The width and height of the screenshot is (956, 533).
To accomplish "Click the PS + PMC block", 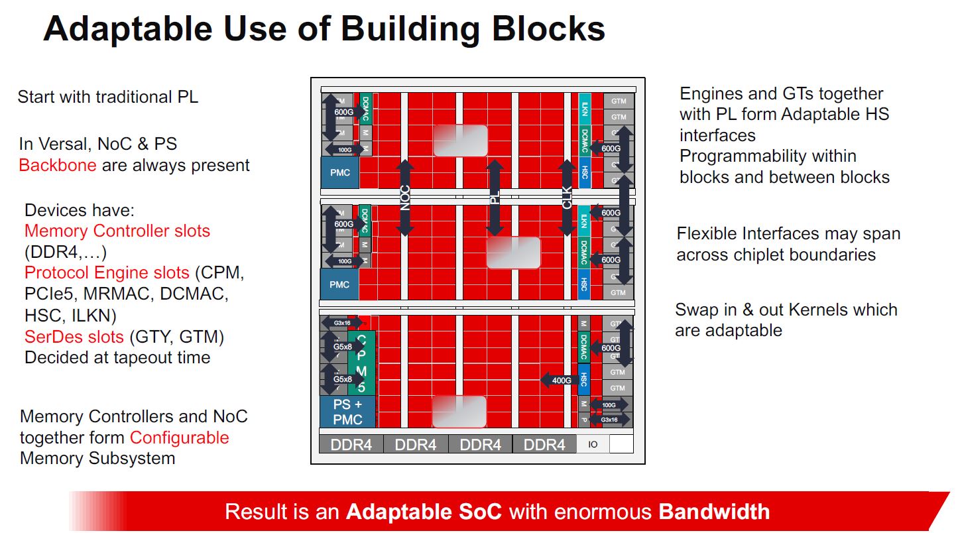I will pyautogui.click(x=347, y=411).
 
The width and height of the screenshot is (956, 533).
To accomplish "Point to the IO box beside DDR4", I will pyautogui.click(x=593, y=444).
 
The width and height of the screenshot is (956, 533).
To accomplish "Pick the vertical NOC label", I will pyautogui.click(x=405, y=197).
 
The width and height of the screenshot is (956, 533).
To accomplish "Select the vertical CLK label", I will pyautogui.click(x=567, y=197).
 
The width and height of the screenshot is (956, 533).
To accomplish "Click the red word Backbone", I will pyautogui.click(x=58, y=165).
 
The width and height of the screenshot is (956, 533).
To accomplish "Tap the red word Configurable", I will pyautogui.click(x=179, y=438).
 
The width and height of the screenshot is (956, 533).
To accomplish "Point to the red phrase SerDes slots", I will pyautogui.click(x=74, y=337).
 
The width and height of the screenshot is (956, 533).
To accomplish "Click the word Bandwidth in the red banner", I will pyautogui.click(x=714, y=512).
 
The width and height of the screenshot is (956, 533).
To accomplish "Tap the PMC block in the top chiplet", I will pyautogui.click(x=339, y=172).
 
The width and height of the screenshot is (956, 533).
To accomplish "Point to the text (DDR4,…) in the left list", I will pyautogui.click(x=65, y=252).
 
